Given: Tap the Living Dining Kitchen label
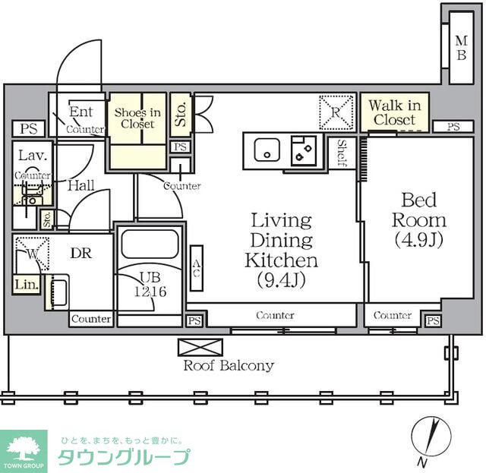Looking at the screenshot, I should coord(280,251).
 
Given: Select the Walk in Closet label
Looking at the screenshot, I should coord(394,112).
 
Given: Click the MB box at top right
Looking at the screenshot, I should coord(460,48).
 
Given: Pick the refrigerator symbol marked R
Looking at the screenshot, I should coord(336,112).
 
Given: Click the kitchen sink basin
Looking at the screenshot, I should coord(266,150).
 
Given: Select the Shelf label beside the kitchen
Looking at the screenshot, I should coord(342,154).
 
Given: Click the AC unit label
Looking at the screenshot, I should coord(196,269).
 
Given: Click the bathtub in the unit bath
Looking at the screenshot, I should coord(150,245).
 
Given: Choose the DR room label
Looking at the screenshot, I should coord(81,254).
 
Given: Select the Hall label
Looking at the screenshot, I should coord(80,184).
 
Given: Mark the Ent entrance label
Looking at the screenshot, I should coord(81,112).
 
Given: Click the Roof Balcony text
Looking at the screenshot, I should coord(229,365).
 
